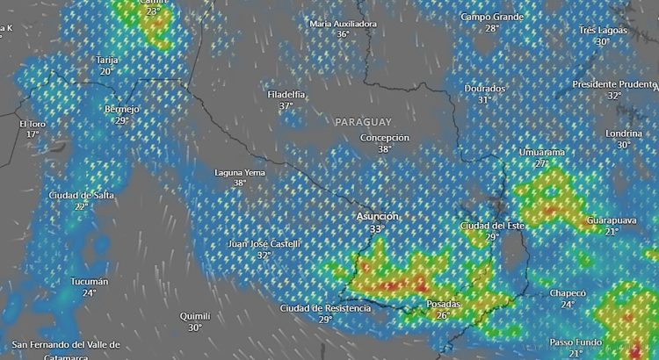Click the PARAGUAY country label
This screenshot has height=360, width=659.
click(363, 121)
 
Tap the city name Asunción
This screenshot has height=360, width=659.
click(377, 216)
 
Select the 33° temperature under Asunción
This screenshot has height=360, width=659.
click(377, 228)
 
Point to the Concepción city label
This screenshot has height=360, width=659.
click(385, 138)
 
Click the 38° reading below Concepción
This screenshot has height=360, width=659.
click(385, 149)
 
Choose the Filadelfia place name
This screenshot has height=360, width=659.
click(286, 94)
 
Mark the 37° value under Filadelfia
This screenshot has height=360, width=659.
click(286, 106)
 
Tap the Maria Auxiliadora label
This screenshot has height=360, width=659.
click(344, 24)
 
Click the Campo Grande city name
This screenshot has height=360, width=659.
click(491, 17)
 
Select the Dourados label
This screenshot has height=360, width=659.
click(484, 89)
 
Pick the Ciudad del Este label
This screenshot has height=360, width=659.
click(492, 226)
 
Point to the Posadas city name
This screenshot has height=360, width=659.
click(443, 304)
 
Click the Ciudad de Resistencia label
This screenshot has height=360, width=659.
click(325, 308)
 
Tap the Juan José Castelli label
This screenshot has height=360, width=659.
click(264, 243)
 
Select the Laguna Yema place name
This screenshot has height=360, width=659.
click(240, 173)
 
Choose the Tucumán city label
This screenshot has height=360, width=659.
click(90, 282)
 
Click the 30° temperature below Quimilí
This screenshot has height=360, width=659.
click(194, 328)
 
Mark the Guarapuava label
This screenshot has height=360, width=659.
click(611, 220)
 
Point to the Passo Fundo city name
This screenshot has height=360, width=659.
click(576, 342)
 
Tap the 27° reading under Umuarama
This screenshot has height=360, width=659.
click(541, 163)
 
